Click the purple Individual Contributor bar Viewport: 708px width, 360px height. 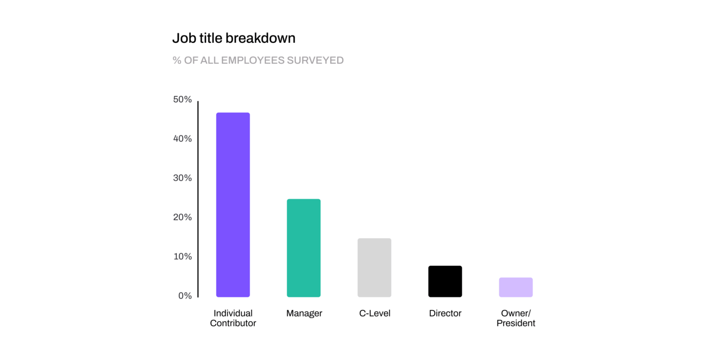click(x=233, y=204)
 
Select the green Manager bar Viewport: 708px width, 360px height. click(x=303, y=248)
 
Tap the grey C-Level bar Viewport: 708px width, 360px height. click(x=374, y=267)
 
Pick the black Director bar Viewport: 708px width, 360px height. click(x=445, y=281)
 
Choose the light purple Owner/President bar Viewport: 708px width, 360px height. click(x=515, y=287)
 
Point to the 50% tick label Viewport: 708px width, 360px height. click(x=182, y=100)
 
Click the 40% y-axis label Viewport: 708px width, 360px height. click(x=182, y=139)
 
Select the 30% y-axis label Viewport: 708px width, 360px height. click(x=182, y=178)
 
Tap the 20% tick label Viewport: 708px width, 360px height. click(x=182, y=217)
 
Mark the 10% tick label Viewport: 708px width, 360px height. click(x=182, y=257)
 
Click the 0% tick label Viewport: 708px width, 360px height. click(x=185, y=296)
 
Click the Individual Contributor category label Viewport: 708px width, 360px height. click(x=233, y=318)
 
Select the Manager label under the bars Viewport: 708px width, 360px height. click(x=304, y=314)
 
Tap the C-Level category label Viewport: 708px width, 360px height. click(x=374, y=314)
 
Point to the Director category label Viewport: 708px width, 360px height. click(x=445, y=314)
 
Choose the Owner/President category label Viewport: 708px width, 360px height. click(x=515, y=318)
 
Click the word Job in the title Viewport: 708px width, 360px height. click(x=183, y=38)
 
